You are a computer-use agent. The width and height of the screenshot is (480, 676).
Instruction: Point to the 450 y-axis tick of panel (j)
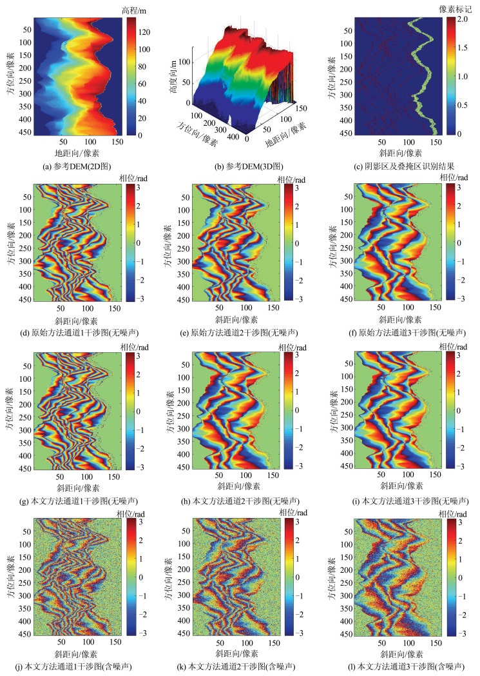click(x=24, y=634)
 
